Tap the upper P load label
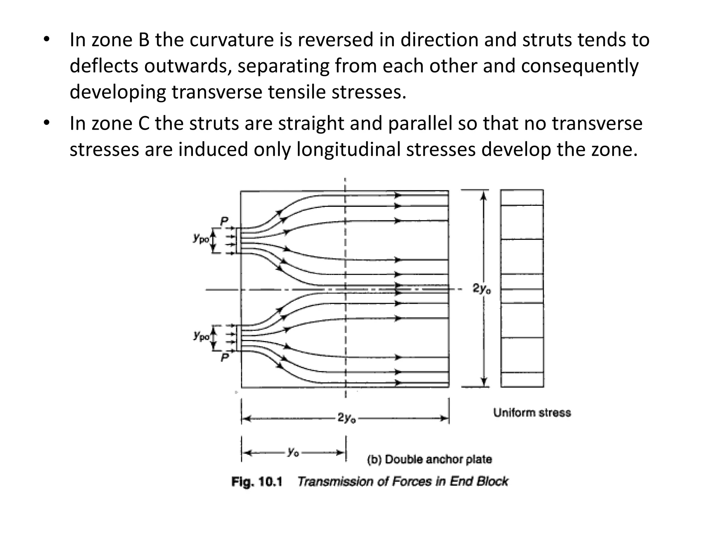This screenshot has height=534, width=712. click(x=224, y=221)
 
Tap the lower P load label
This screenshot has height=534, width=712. click(x=225, y=357)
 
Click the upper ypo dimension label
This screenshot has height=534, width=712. click(x=201, y=238)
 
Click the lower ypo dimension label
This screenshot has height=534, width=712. click(x=201, y=336)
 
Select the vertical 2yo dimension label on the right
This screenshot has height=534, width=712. click(x=482, y=289)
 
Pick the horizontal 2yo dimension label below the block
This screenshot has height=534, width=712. click(x=347, y=418)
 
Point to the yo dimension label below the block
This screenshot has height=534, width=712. click(x=293, y=452)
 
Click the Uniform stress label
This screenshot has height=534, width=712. click(x=532, y=413)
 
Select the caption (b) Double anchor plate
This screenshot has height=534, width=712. click(x=429, y=459)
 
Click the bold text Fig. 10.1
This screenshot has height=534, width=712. click(x=257, y=482)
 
